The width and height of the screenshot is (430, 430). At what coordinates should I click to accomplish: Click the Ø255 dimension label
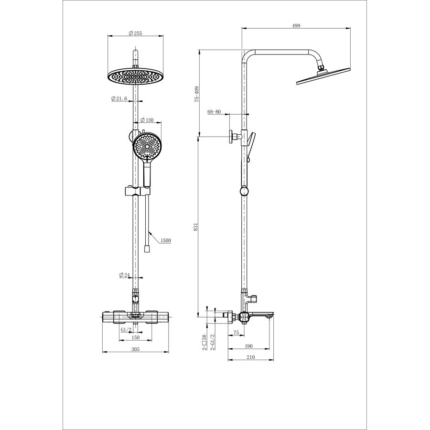(135, 33)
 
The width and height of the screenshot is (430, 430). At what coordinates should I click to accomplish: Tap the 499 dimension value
(296, 26)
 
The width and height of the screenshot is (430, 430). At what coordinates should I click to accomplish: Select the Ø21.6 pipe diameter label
(119, 98)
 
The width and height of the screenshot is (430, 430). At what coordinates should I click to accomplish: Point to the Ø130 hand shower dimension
(147, 120)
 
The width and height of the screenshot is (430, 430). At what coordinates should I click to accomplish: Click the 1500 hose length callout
(166, 240)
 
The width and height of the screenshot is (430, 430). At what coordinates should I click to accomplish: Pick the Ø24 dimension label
(124, 275)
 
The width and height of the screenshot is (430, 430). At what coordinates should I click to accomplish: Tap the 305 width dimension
(136, 349)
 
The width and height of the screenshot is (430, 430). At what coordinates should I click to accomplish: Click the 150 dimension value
(136, 338)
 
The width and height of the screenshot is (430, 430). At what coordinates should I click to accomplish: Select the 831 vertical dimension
(195, 227)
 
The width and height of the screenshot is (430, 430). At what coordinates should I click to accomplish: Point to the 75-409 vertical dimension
(197, 94)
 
